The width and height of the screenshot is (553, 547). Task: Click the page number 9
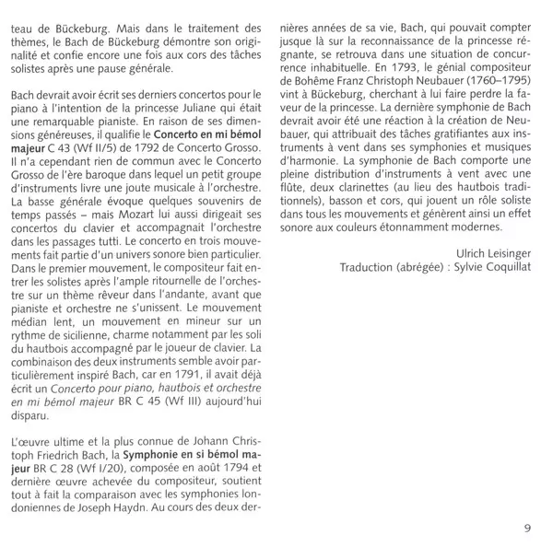[x=527, y=528]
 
